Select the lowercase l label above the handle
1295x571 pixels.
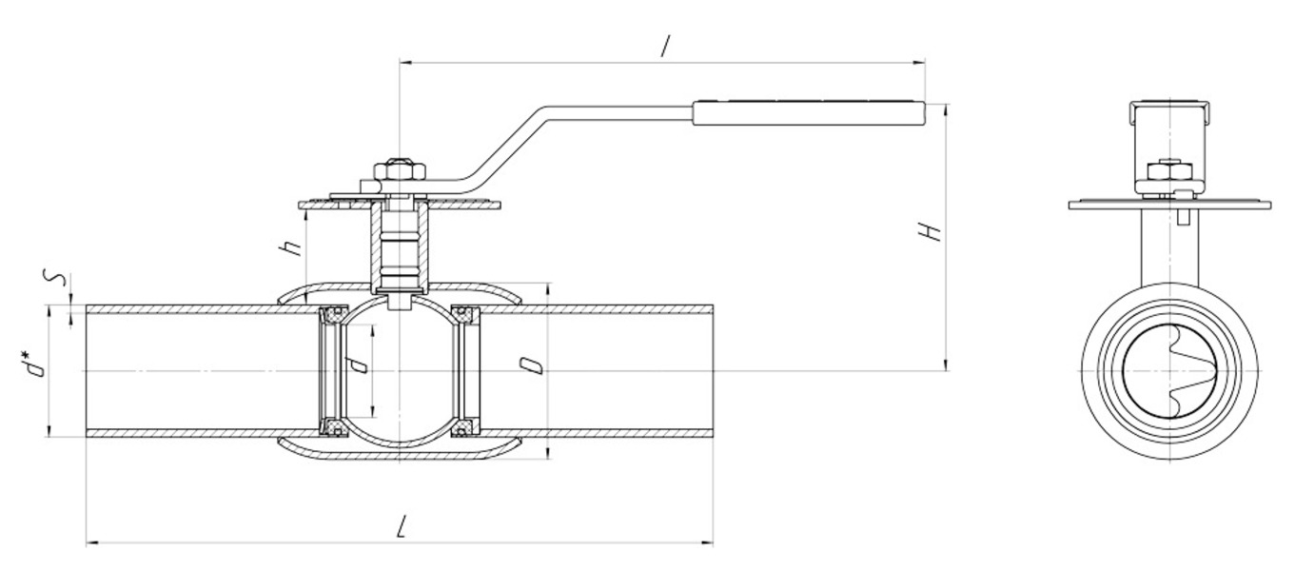coord(666,47)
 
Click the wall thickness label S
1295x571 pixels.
coord(55,280)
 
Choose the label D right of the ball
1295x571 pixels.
coord(530,365)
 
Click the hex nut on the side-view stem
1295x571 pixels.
coord(400,171)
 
